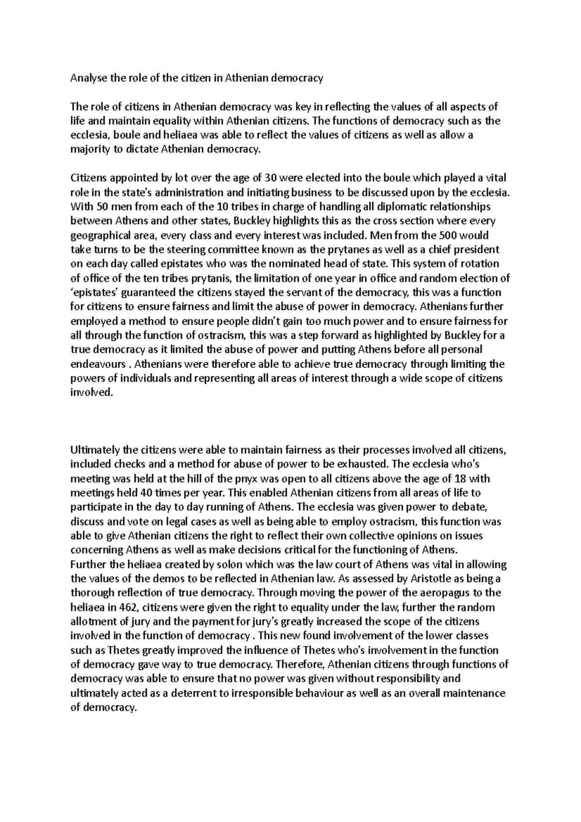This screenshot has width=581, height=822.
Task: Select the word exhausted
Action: coord(361,464)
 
